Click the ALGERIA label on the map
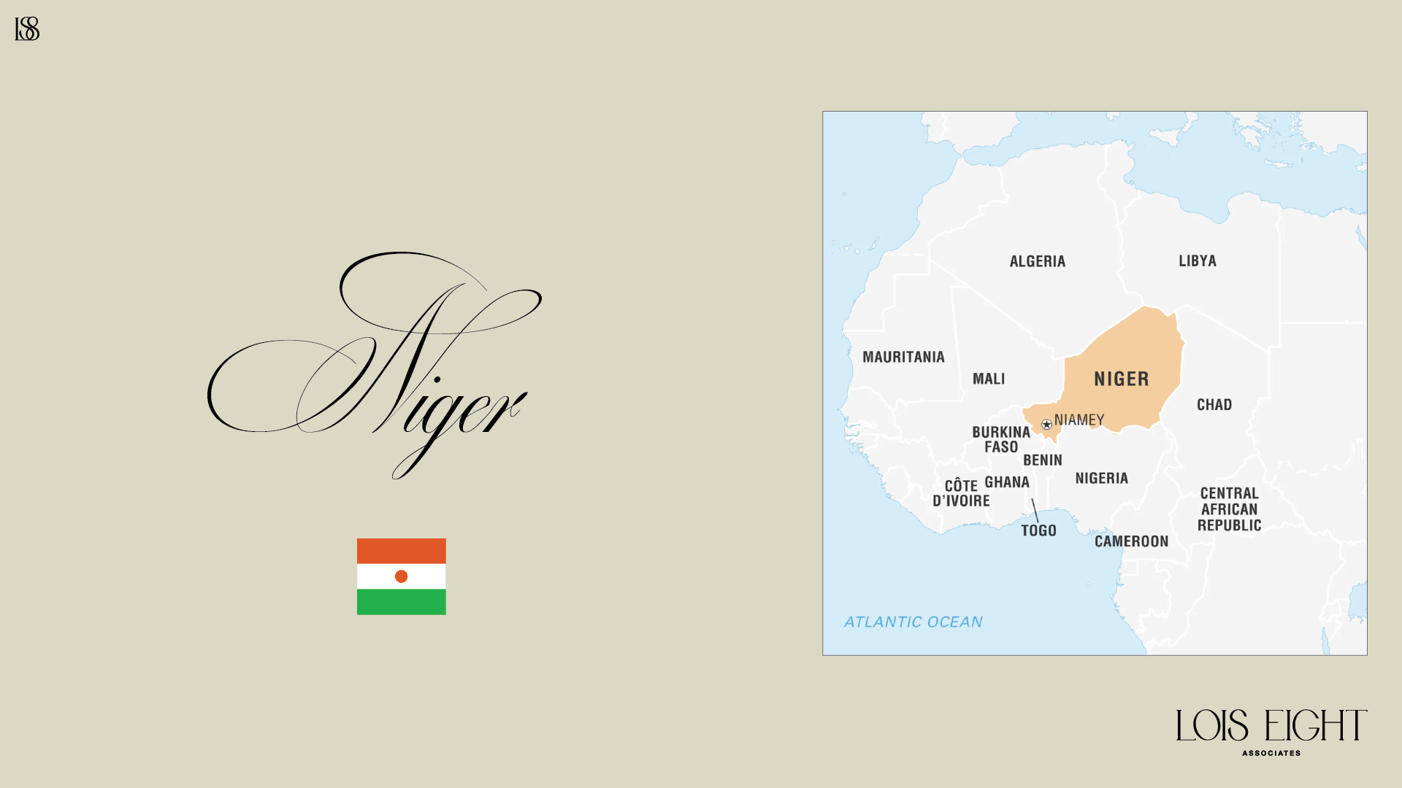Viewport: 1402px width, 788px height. [x=1037, y=261]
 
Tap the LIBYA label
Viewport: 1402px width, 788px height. [x=1197, y=260]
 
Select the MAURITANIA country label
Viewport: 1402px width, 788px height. [x=903, y=357]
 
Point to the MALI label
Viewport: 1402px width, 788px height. [x=989, y=379]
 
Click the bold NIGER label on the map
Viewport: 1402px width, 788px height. [x=1122, y=379]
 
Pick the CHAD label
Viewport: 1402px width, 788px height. [x=1214, y=404]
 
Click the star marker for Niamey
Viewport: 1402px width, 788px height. [x=1046, y=424]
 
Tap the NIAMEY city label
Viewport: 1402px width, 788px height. [x=1079, y=420]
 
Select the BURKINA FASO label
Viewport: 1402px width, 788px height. [x=1001, y=439]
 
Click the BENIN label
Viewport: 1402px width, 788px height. [x=1042, y=460]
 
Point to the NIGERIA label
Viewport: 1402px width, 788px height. [x=1101, y=478]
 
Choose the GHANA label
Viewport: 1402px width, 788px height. [x=1007, y=482]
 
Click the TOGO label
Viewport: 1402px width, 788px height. [x=1038, y=530]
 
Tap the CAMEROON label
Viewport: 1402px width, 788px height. [x=1131, y=541]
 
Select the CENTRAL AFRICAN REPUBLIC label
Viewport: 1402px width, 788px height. [x=1229, y=509]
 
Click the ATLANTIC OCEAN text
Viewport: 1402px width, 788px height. [x=913, y=622]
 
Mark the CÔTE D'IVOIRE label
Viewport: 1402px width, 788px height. [x=961, y=493]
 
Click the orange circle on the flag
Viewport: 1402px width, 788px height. [x=401, y=576]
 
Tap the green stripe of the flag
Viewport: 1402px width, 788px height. [x=401, y=602]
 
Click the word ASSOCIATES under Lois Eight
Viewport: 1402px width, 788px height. [x=1271, y=753]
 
